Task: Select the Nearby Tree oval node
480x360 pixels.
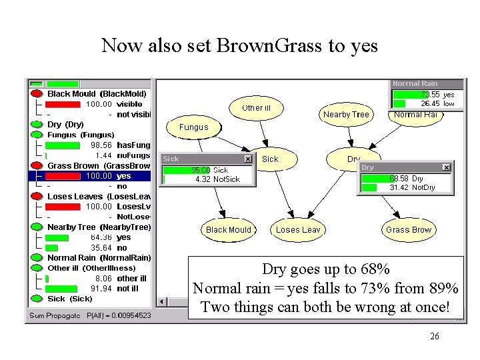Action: pyautogui.click(x=345, y=115)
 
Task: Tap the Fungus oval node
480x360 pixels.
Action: pyautogui.click(x=193, y=127)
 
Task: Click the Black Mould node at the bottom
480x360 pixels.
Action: pyautogui.click(x=228, y=230)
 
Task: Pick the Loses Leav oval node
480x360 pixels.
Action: pyautogui.click(x=297, y=230)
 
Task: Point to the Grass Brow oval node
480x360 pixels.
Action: pyautogui.click(x=408, y=230)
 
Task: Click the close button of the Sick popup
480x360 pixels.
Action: pyautogui.click(x=248, y=159)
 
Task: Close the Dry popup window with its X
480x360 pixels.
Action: pyautogui.click(x=447, y=167)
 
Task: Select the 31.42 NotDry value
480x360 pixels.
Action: pyautogui.click(x=400, y=188)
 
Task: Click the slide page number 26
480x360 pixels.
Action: pyautogui.click(x=435, y=337)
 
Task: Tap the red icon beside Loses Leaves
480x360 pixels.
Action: pyautogui.click(x=37, y=197)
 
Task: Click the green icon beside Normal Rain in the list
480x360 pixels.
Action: pyautogui.click(x=37, y=258)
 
